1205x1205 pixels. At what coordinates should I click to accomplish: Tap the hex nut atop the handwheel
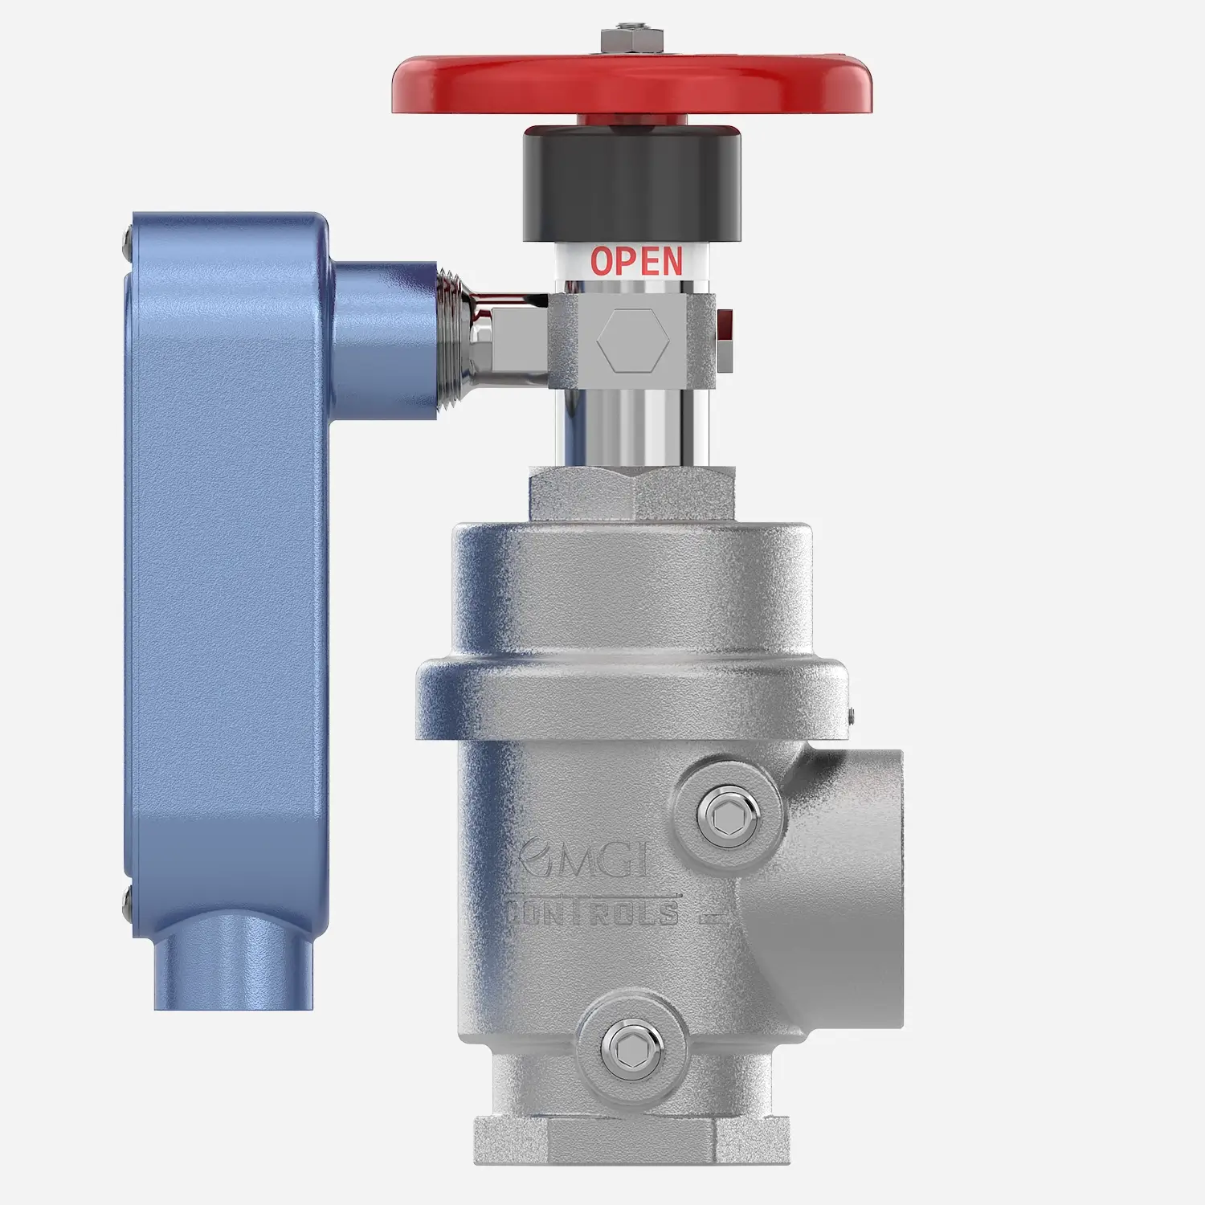[632, 40]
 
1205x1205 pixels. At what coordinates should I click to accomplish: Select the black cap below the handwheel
[632, 185]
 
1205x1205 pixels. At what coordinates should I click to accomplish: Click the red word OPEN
[636, 262]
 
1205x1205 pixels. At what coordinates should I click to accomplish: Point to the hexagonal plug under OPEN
[633, 341]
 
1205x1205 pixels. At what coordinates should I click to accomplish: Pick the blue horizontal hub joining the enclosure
[384, 337]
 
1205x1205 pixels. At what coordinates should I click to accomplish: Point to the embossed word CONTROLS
[593, 913]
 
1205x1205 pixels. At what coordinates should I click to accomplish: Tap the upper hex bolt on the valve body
[728, 813]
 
